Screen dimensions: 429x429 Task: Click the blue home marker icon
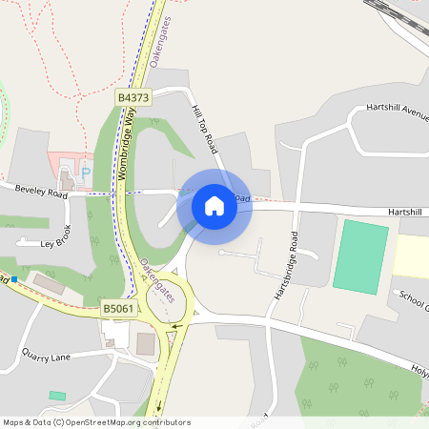[214, 205]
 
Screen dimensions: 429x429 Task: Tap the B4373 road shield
[132, 97]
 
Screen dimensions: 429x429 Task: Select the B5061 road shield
[115, 309]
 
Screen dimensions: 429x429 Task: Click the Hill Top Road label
[205, 131]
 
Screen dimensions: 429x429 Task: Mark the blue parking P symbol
[85, 174]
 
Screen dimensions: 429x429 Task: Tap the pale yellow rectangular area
[411, 256]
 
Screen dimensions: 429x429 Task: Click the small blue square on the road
[13, 279]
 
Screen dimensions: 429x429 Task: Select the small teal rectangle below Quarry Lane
[57, 396]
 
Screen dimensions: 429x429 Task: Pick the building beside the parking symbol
[67, 178]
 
